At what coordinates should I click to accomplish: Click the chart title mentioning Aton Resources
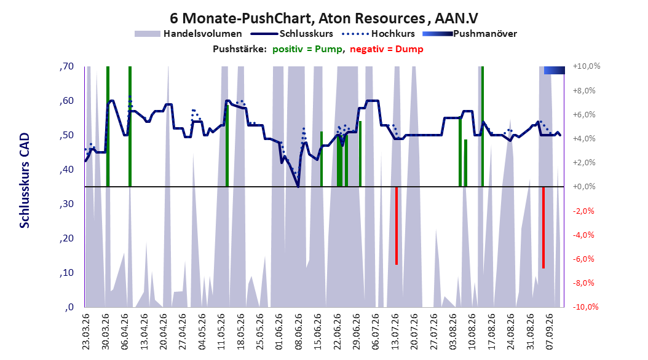[x=323, y=18]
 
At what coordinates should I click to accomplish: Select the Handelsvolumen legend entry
[x=189, y=34]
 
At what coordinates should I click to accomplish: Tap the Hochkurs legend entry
[x=379, y=34]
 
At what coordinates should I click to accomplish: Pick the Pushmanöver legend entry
[x=470, y=34]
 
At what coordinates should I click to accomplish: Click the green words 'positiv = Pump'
[x=307, y=49]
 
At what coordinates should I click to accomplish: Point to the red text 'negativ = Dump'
[x=387, y=49]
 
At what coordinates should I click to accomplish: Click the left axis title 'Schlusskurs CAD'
[x=25, y=181]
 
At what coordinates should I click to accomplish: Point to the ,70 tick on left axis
[x=66, y=66]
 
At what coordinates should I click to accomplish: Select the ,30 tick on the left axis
[x=66, y=204]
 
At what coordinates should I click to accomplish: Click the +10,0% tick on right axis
[x=587, y=66]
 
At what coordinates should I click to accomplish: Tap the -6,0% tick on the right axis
[x=584, y=259]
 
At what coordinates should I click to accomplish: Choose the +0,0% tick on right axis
[x=584, y=187]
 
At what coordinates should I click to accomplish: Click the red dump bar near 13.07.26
[x=397, y=226]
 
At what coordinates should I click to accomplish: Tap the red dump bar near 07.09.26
[x=543, y=228]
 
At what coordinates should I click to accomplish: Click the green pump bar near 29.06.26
[x=360, y=154]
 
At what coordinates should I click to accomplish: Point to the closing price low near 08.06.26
[x=298, y=186]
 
